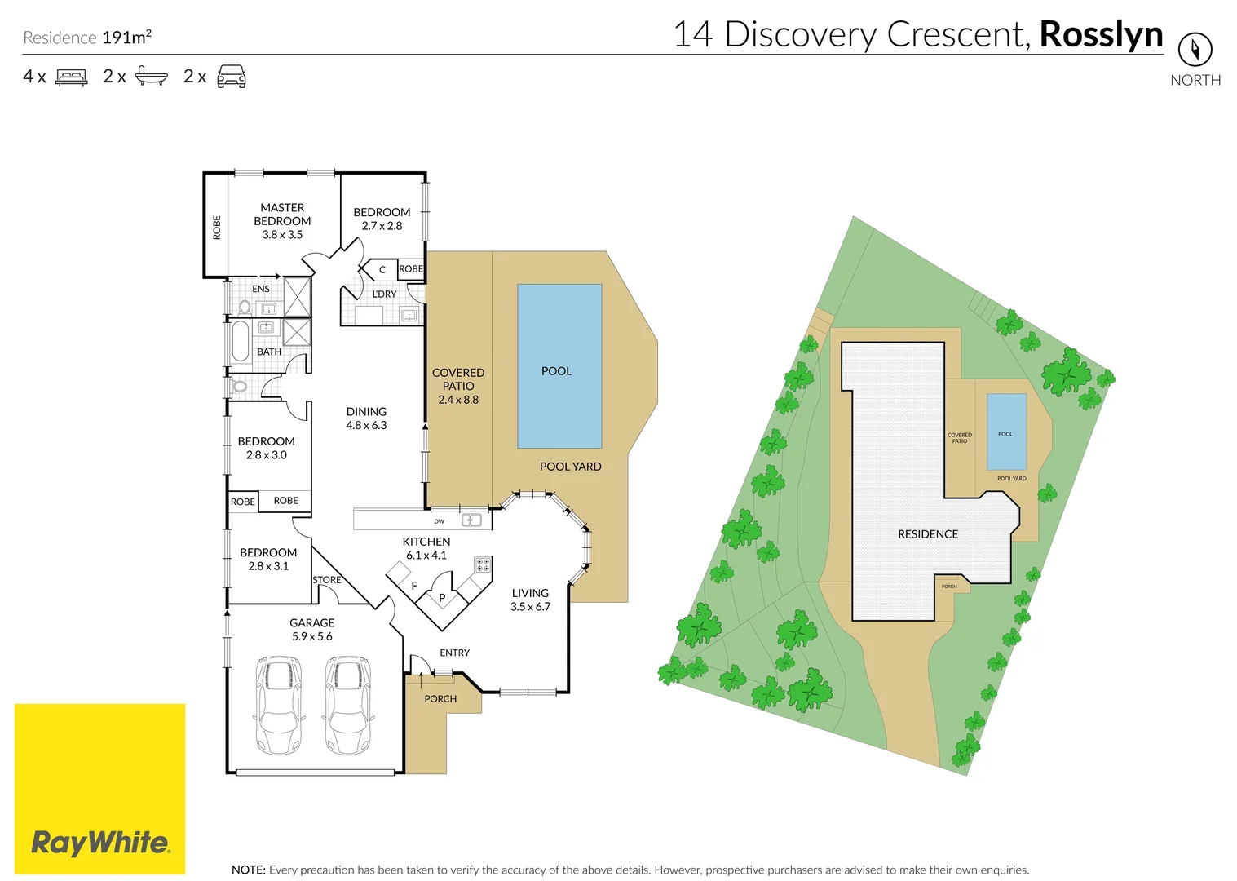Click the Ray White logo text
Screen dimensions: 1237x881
pos(100,843)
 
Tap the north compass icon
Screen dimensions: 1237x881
pos(1195,49)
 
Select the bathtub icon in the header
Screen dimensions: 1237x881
pos(152,76)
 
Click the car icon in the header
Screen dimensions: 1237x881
pos(232,76)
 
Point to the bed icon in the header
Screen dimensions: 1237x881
pos(71,77)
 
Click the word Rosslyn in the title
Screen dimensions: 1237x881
pos(1101,36)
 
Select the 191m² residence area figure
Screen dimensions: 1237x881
pos(127,37)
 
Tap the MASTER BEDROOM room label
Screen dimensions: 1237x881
pos(282,215)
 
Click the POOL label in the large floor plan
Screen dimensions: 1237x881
pos(556,371)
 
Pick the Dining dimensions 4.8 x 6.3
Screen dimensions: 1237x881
pos(366,425)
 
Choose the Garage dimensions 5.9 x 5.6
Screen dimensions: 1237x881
pos(312,636)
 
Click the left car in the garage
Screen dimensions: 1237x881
pos(279,706)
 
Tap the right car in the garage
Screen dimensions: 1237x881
pos(347,706)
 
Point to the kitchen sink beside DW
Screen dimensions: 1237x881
pos(471,520)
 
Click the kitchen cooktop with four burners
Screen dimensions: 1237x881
pos(483,564)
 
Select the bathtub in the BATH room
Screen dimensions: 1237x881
pos(241,341)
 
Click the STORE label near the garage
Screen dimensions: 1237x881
pos(327,580)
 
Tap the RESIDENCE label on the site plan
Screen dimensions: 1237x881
pos(928,534)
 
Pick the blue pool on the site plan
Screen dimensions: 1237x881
pos(1006,432)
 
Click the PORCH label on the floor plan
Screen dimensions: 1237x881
pos(440,699)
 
